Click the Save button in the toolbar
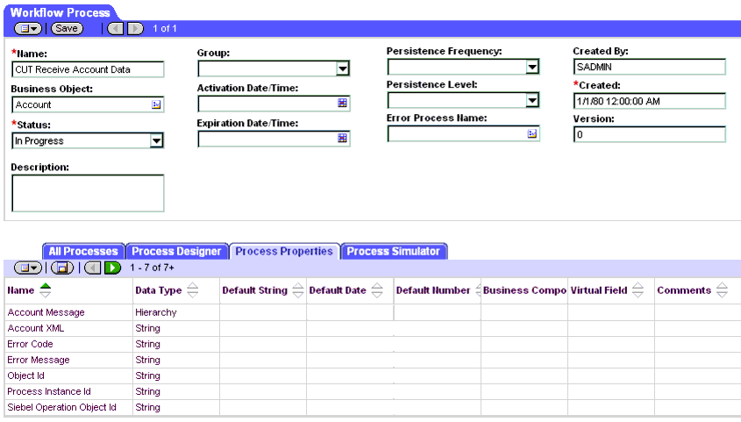67,28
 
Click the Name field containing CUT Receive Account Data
87,69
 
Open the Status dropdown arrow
157,140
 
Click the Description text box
87,192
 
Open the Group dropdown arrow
343,69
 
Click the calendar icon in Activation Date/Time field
343,104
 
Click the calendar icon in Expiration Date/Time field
343,139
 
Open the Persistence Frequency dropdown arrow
532,68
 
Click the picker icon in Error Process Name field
532,134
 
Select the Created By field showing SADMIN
649,68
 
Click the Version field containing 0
649,135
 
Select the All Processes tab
83,252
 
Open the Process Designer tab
176,252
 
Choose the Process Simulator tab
393,252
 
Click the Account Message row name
46,312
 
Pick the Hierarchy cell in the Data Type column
156,312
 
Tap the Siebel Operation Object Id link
62,407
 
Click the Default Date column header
338,290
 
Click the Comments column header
684,290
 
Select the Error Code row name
31,344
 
